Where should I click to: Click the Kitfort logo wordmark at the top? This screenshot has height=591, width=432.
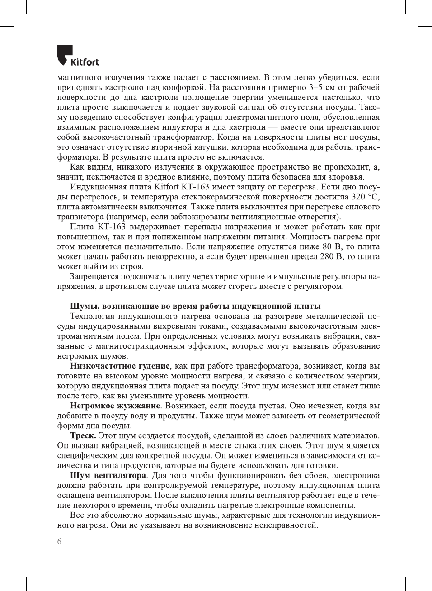click(85, 62)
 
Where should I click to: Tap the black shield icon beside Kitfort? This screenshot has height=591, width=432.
click(64, 54)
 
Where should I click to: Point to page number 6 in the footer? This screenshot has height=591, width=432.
click(59, 541)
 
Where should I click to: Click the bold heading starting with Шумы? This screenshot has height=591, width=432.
click(195, 306)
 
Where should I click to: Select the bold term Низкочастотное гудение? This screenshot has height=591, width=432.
click(120, 366)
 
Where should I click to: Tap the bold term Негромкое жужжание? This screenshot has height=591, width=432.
click(115, 406)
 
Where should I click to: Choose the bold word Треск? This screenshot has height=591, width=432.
click(83, 435)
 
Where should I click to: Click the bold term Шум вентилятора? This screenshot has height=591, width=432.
click(108, 475)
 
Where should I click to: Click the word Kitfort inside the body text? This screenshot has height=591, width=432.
click(167, 187)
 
